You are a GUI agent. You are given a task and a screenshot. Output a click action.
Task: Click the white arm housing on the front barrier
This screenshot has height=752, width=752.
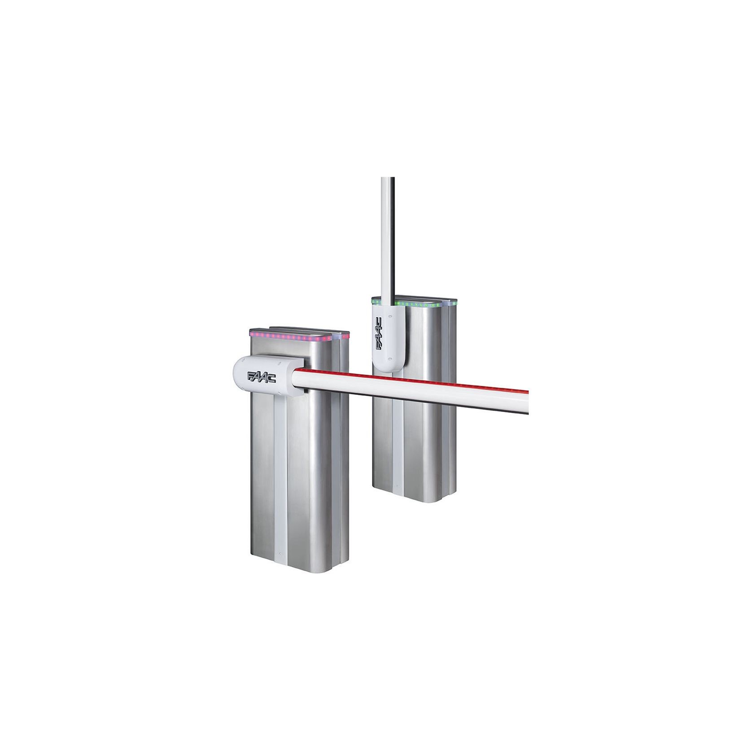[262, 377]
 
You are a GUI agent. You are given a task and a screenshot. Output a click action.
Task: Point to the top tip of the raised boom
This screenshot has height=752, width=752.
[388, 179]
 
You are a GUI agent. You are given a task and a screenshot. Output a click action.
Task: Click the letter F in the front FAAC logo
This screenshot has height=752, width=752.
[250, 375]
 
